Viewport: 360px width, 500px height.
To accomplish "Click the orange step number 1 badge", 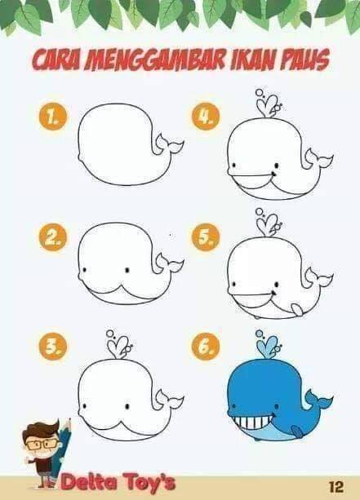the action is coord(53,117).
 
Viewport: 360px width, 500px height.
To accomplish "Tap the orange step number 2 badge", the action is coord(53,237).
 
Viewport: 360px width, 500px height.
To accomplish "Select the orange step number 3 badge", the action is coord(53,347).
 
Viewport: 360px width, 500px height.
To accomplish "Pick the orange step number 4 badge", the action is coord(206,117).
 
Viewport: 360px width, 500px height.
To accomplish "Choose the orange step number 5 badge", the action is coord(206,237).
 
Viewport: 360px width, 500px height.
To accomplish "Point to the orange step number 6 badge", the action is coord(206,347).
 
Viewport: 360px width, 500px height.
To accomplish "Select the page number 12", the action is coord(336,487).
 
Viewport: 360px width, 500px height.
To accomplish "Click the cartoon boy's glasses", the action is coord(41,445).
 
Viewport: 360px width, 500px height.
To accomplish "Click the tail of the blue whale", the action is coord(318,400).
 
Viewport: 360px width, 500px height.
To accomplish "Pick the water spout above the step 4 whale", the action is coord(269,104).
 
